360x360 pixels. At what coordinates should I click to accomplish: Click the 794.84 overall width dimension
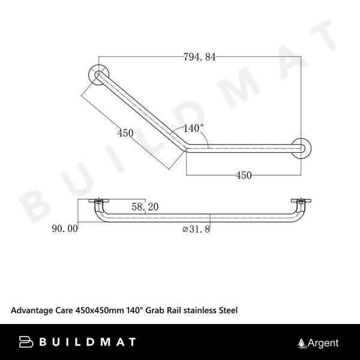(199, 57)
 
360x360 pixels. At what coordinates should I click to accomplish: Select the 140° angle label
(193, 128)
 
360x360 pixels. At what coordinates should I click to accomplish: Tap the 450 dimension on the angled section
(125, 133)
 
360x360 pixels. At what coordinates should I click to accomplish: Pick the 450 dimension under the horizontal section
(243, 175)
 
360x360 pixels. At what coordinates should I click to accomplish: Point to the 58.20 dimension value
(145, 206)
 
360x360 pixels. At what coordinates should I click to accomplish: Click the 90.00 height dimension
(65, 228)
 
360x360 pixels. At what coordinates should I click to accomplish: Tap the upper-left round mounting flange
(98, 73)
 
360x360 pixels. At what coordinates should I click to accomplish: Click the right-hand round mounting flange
(301, 148)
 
